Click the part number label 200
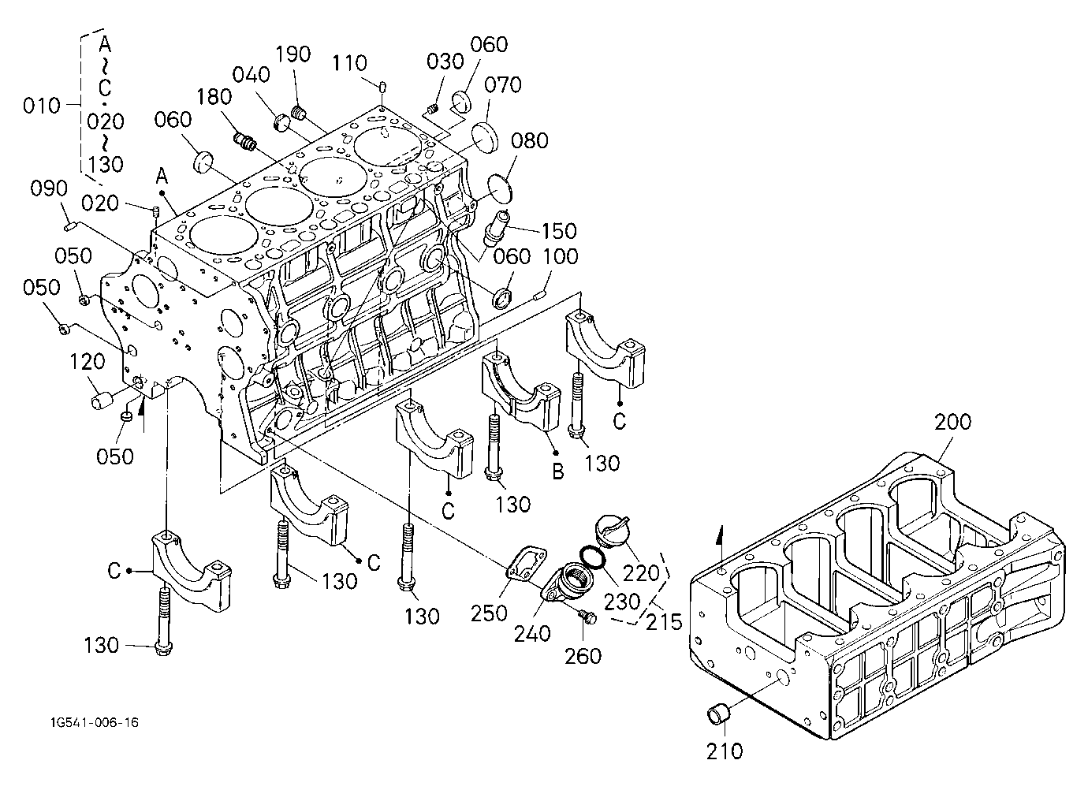pos(952,422)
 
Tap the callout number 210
pos(725,751)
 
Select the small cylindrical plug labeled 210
pos(717,717)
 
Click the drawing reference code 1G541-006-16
pos(95,722)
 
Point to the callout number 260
pos(583,657)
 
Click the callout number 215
pos(664,621)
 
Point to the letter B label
pos(558,471)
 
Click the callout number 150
pos(559,231)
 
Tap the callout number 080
pos(530,140)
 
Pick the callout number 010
pos(41,106)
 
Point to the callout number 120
pos(87,361)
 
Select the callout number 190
pos(292,54)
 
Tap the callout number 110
pos(350,63)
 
